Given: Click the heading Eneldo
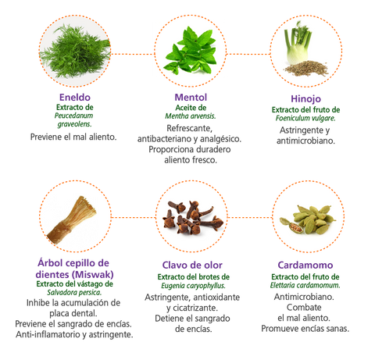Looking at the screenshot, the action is (75, 98).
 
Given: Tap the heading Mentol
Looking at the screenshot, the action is (191, 98).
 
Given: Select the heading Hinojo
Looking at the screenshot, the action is (305, 99).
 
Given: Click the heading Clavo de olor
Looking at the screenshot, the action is (192, 265).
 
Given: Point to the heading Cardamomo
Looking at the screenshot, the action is (305, 265).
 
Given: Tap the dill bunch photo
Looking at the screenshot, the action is (75, 52).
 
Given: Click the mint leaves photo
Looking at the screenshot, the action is (191, 51).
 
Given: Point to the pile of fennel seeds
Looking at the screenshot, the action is (305, 69).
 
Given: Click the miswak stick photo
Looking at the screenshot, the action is (72, 220).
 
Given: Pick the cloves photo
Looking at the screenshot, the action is (193, 218).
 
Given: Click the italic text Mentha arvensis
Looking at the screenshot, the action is (191, 116).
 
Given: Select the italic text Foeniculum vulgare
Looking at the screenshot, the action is (305, 118).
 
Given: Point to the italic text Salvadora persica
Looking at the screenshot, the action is (74, 293).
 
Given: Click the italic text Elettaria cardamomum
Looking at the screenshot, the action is (305, 285).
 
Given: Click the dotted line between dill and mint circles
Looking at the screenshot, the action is (133, 54).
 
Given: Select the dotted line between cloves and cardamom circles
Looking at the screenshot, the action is (250, 217).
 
